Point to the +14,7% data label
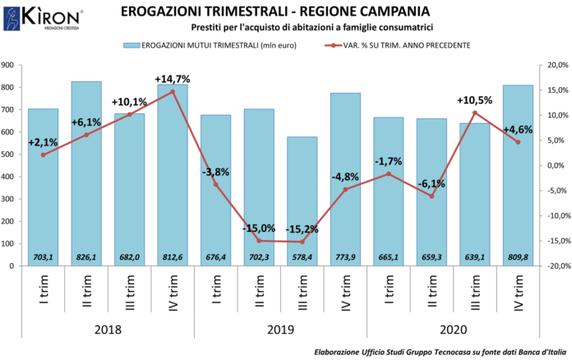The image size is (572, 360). pos(173,79)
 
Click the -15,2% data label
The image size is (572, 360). pos(302,228)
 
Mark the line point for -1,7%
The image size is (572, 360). pos(388,174)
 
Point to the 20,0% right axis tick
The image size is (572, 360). pos(551,65)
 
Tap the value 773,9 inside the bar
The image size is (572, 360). pos(345,257)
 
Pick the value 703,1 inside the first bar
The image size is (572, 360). pos(43,257)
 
